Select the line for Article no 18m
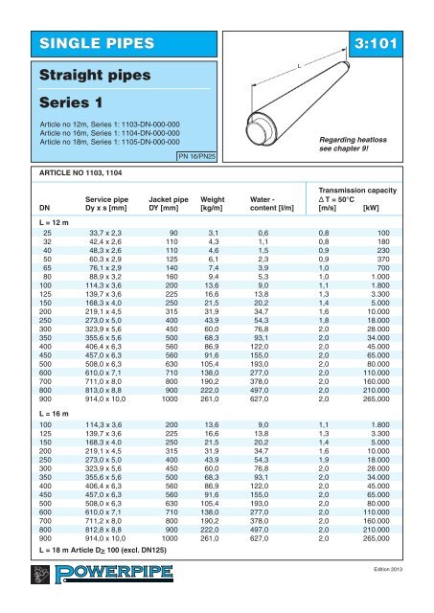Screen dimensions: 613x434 [x=88, y=142]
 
